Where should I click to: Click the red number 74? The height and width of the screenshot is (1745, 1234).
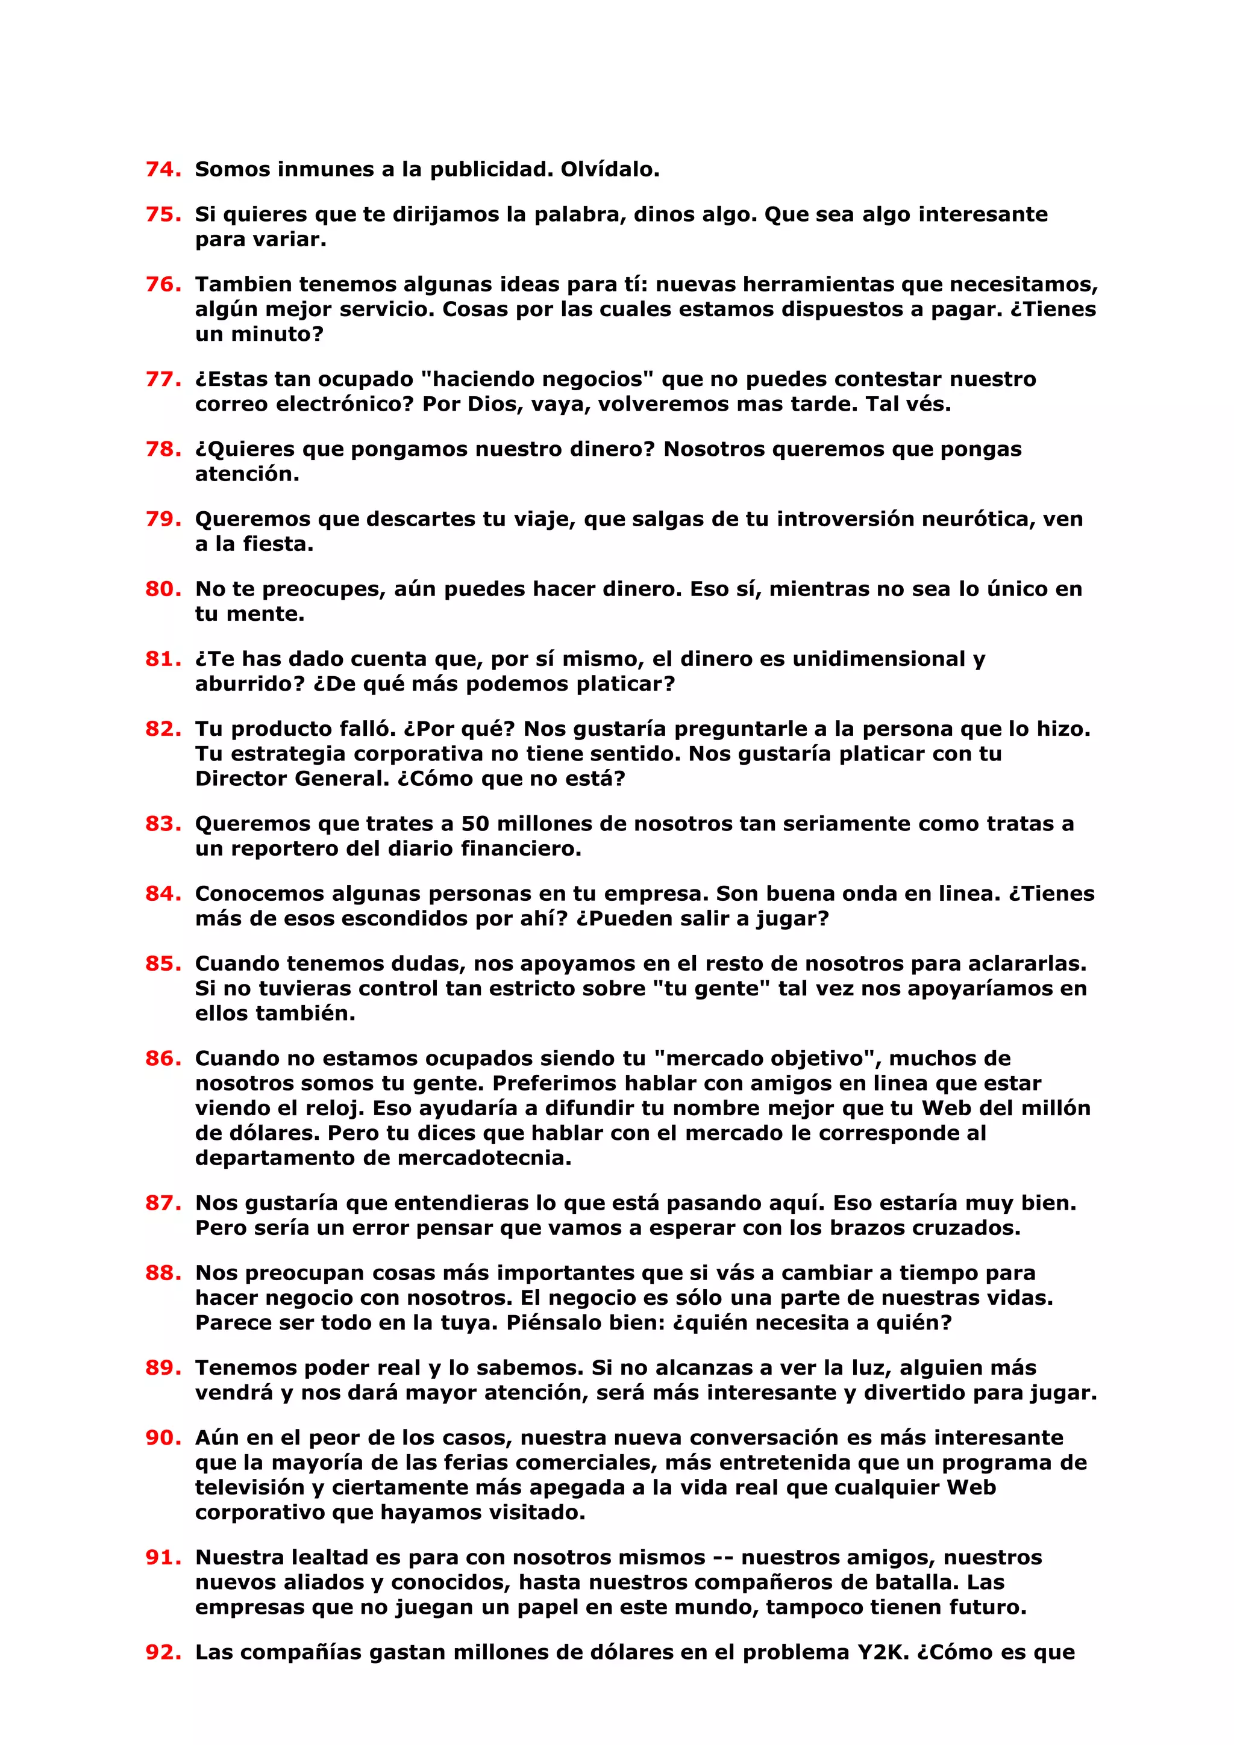tap(163, 169)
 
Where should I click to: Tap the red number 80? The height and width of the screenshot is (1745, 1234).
tap(163, 588)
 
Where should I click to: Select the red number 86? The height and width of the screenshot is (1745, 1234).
tap(163, 1058)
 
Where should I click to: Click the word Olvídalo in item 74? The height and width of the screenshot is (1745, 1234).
tap(610, 169)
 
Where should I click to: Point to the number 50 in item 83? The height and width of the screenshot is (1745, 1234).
tap(475, 823)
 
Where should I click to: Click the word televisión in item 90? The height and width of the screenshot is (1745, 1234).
tap(248, 1487)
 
